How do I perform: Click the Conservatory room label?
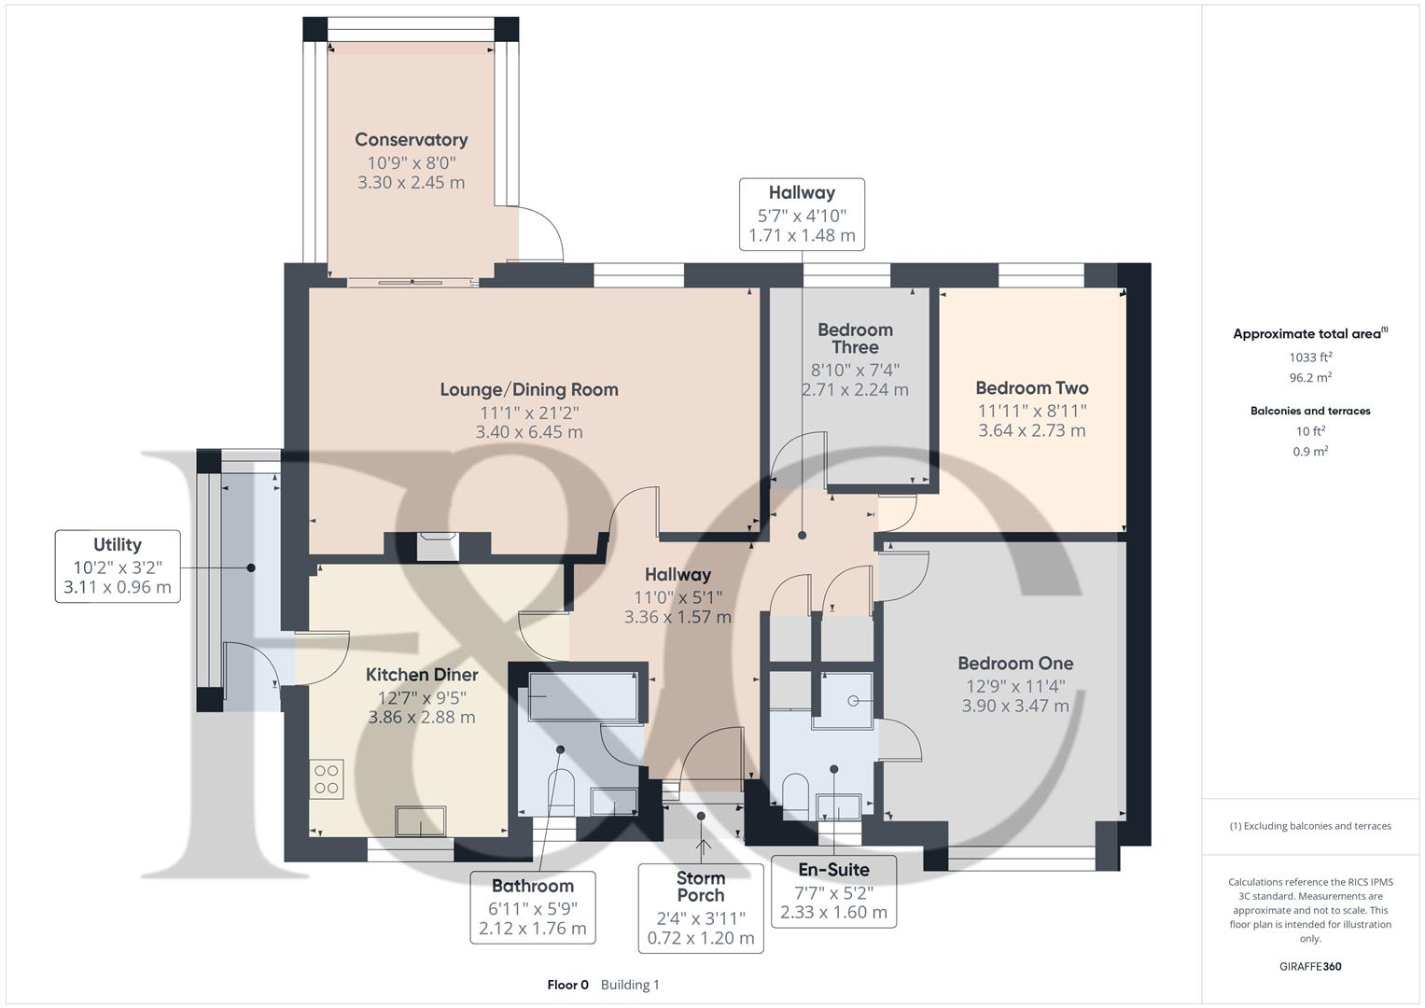tap(411, 139)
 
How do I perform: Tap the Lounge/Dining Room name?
tap(529, 389)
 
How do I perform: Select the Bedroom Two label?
tap(1032, 387)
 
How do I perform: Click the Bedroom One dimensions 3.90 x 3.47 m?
tap(1015, 706)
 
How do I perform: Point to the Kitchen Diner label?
tap(422, 675)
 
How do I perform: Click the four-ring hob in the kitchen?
tap(327, 779)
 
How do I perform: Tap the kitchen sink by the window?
tap(420, 820)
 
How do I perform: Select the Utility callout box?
tap(118, 567)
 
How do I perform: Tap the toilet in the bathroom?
tap(561, 791)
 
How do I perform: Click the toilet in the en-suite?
tap(795, 791)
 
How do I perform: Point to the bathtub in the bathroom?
tap(583, 697)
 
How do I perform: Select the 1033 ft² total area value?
tap(1310, 357)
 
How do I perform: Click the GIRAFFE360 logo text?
tap(1310, 966)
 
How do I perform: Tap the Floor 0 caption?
tap(568, 985)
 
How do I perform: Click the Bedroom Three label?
tap(855, 339)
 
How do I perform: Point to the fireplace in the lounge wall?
tap(438, 547)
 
